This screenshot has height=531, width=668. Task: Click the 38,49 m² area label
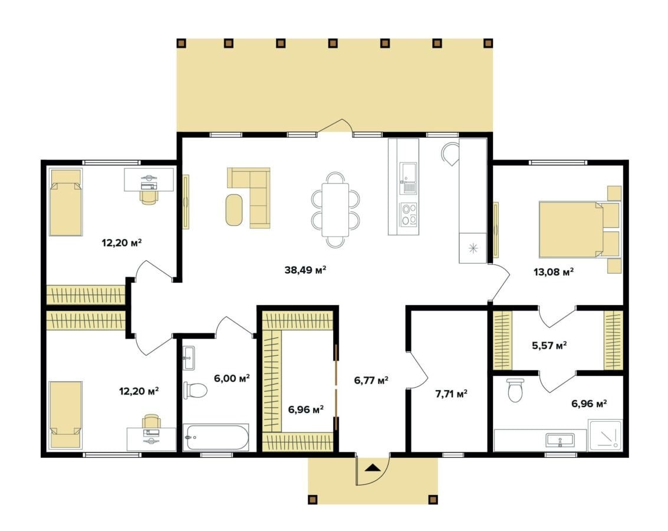pyautogui.click(x=305, y=270)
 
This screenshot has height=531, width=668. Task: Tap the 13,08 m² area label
pyautogui.click(x=554, y=271)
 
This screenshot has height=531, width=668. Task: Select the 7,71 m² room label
pyautogui.click(x=451, y=394)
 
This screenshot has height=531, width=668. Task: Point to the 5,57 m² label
pyautogui.click(x=549, y=345)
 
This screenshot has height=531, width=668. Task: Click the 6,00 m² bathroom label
pyautogui.click(x=232, y=378)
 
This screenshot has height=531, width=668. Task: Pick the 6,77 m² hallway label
pyautogui.click(x=371, y=380)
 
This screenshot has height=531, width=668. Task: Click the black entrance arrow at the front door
pyautogui.click(x=373, y=467)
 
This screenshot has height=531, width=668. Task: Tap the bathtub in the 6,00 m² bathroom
pyautogui.click(x=216, y=437)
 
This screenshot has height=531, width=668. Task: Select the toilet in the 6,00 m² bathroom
pyautogui.click(x=195, y=390)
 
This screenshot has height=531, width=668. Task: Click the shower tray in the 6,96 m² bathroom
pyautogui.click(x=605, y=435)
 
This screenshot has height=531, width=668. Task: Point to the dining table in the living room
pyautogui.click(x=335, y=209)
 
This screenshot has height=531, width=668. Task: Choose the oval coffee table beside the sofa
pyautogui.click(x=234, y=209)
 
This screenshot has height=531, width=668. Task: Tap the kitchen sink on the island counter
pyautogui.click(x=408, y=178)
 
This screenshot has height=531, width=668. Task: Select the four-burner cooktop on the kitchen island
pyautogui.click(x=409, y=214)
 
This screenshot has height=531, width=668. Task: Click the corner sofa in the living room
pyautogui.click(x=254, y=198)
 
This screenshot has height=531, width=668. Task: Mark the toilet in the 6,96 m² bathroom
pyautogui.click(x=515, y=390)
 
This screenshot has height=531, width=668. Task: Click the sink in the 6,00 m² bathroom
pyautogui.click(x=189, y=358)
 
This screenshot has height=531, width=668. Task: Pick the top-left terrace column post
pyautogui.click(x=182, y=42)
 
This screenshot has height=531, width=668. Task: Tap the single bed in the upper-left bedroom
pyautogui.click(x=65, y=202)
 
